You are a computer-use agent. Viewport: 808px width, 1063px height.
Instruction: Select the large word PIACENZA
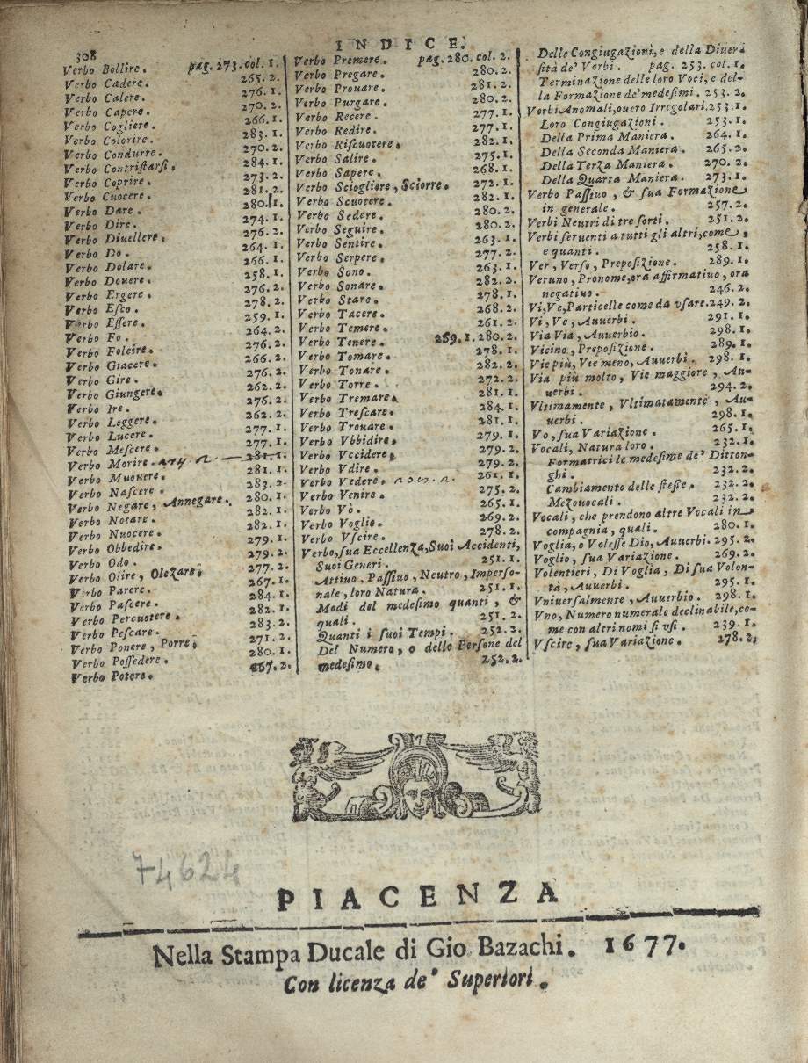(x=417, y=898)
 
